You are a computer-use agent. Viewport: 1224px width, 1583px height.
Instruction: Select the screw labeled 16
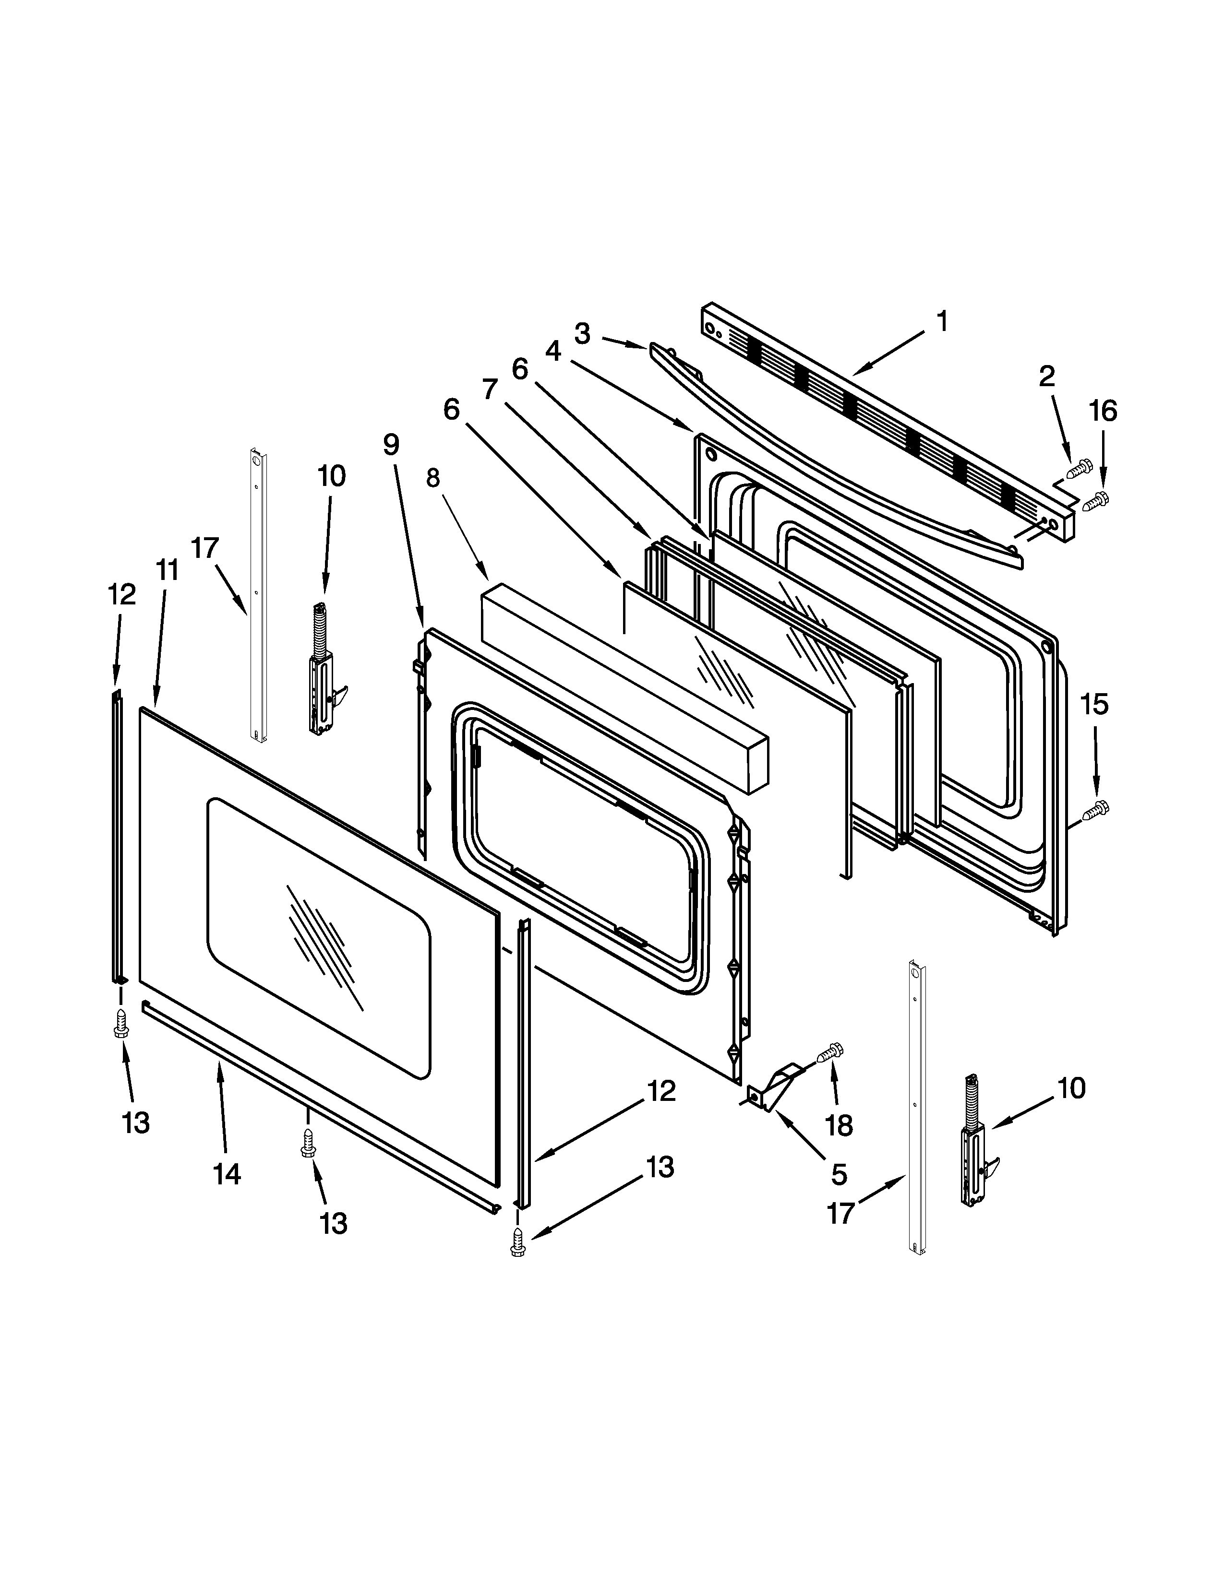coord(1096,500)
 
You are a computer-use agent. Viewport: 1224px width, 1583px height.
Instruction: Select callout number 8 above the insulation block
coord(433,478)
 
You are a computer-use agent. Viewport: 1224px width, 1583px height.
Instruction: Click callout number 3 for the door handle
coord(582,334)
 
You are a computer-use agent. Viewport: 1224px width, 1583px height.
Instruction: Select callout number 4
coord(553,352)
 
